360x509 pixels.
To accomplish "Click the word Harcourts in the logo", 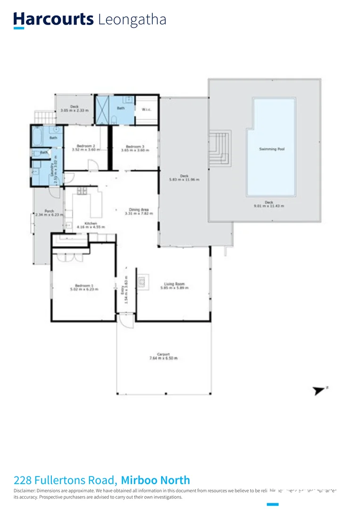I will point(53,19).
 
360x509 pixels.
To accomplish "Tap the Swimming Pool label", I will point(272,149).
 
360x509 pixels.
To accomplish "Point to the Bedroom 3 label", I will point(135,146).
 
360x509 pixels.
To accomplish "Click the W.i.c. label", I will point(146,110).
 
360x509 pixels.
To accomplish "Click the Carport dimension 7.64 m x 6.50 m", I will point(164,358).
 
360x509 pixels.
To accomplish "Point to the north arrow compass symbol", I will point(319,390).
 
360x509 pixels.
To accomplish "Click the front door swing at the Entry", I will point(125,322).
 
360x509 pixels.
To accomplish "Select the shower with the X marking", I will point(102,109).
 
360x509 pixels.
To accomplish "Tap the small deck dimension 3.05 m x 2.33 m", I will point(74,111).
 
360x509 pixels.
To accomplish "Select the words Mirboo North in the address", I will point(155,480).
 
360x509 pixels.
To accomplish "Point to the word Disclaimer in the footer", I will point(25,490).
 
